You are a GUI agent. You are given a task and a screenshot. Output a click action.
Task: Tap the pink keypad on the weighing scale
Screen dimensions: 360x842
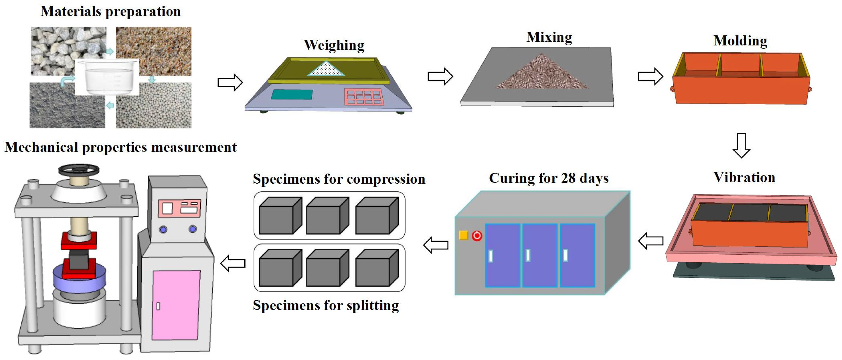tap(363, 97)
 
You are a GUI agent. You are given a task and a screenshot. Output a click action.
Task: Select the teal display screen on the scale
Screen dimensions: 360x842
tap(291, 94)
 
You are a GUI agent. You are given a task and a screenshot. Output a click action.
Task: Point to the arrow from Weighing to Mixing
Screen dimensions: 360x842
tap(440, 77)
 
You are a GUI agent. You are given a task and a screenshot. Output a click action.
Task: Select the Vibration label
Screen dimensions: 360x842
tap(744, 177)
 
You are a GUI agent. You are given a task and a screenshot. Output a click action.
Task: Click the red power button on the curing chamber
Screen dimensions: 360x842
tap(477, 235)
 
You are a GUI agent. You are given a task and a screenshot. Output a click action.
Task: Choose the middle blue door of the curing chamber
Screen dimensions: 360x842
tap(540, 255)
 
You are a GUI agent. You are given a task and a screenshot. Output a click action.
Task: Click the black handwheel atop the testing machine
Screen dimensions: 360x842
tap(79, 170)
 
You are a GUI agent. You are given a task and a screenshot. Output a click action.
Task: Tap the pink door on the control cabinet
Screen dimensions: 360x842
tap(176, 305)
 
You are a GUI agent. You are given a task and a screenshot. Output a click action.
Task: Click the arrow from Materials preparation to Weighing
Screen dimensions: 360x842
tap(230, 82)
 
